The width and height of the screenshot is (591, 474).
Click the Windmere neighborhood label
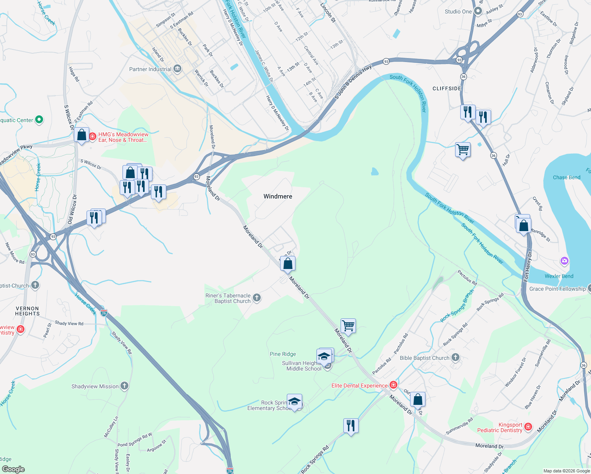[278, 196]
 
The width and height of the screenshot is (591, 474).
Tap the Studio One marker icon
[478, 11]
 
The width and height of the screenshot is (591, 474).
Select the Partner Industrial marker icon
[177, 69]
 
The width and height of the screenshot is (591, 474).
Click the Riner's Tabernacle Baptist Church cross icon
[257, 298]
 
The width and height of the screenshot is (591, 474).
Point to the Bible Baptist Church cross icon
[455, 358]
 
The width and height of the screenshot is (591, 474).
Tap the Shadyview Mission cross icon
[124, 386]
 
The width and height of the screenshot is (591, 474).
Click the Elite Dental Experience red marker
[393, 385]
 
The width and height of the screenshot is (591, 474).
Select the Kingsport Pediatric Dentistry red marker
[528, 427]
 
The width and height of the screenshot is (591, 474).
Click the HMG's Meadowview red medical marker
[92, 137]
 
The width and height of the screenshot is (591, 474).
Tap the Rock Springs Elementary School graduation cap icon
[294, 402]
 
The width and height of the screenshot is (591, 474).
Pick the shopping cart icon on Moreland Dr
[348, 326]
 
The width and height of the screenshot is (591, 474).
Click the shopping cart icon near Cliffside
[463, 150]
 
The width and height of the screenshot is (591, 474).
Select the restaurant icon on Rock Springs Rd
[351, 426]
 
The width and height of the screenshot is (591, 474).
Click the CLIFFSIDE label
[447, 88]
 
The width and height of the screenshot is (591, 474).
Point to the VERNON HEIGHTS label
[27, 311]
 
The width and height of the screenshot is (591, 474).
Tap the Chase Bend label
[567, 177]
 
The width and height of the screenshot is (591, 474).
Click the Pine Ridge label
[283, 354]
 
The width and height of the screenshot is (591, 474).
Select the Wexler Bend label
[559, 276]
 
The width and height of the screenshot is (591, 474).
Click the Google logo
[13, 469]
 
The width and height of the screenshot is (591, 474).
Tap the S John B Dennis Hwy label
[353, 82]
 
